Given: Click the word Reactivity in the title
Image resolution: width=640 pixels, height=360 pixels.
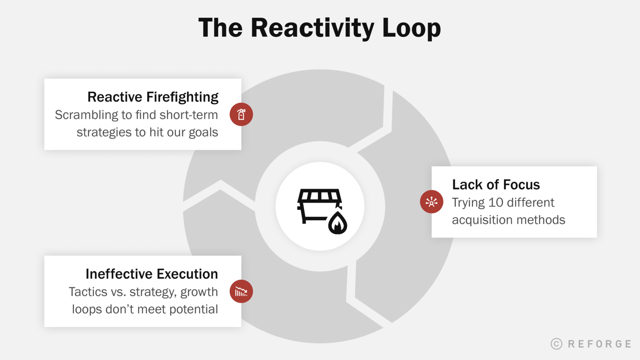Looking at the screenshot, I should [x=312, y=28].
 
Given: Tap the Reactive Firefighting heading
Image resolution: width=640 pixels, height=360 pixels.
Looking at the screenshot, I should [x=153, y=97].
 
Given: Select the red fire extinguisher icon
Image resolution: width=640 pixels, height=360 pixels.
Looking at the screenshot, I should [x=241, y=114].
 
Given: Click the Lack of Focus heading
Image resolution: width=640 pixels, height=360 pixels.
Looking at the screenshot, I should [x=496, y=185].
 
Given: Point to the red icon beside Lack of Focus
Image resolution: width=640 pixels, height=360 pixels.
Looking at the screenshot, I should [x=431, y=202].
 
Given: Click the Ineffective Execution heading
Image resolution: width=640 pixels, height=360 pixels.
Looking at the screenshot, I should [x=151, y=274].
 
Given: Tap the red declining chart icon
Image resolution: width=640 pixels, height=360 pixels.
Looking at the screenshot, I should [x=241, y=291].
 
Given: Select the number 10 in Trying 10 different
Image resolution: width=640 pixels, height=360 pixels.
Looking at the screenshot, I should [x=495, y=203].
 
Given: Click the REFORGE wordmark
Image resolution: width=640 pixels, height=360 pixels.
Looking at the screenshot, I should [x=599, y=344].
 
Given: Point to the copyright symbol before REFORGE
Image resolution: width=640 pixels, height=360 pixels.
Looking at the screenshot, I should [x=556, y=344].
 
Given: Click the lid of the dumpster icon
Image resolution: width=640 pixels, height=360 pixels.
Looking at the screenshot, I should [x=320, y=196].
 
